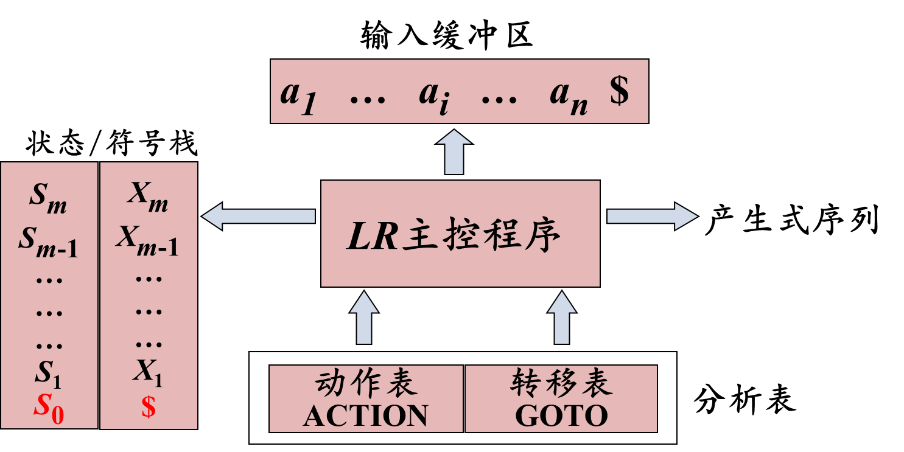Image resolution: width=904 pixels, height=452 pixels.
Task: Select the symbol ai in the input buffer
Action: [434, 98]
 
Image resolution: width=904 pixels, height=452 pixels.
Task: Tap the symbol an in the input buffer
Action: [569, 98]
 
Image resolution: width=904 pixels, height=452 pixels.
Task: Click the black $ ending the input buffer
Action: [619, 92]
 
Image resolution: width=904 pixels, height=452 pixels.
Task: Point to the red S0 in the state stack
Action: [49, 409]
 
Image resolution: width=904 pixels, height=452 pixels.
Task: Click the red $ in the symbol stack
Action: [149, 407]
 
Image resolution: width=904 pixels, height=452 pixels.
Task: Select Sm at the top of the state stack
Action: [49, 199]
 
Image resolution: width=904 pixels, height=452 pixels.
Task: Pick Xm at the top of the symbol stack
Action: [148, 198]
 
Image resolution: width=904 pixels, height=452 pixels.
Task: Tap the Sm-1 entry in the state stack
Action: [49, 242]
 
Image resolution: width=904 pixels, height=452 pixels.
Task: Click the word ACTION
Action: [366, 417]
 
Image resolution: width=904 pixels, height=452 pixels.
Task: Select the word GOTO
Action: [561, 417]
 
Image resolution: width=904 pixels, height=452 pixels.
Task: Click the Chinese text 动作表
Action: [366, 384]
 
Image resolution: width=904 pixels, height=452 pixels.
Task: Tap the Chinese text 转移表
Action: [561, 384]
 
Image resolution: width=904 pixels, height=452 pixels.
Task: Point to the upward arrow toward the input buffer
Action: [454, 152]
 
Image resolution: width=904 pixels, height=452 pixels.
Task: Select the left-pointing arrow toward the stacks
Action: [259, 216]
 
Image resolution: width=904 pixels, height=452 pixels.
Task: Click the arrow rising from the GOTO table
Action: [561, 318]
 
